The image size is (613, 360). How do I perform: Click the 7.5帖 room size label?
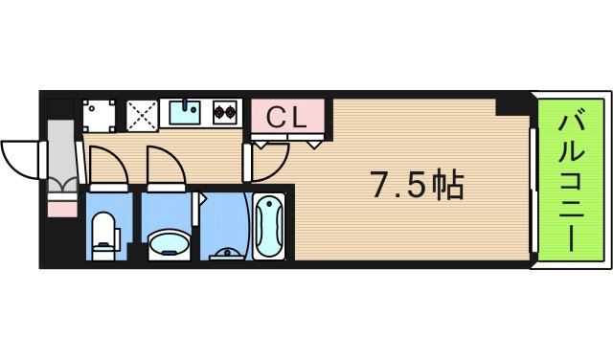pyautogui.click(x=417, y=185)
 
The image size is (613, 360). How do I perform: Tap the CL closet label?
pyautogui.click(x=285, y=118)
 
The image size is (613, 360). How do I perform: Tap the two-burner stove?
pyautogui.click(x=225, y=113)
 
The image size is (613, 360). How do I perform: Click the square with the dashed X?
pyautogui.click(x=142, y=114)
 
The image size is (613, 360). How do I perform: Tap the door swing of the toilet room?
pyautogui.click(x=108, y=166)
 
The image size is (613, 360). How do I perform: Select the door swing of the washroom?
pyautogui.click(x=165, y=166)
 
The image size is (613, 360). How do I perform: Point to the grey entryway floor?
pyautogui.click(x=60, y=144)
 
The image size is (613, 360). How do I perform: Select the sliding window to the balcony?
pyautogui.click(x=532, y=182)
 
